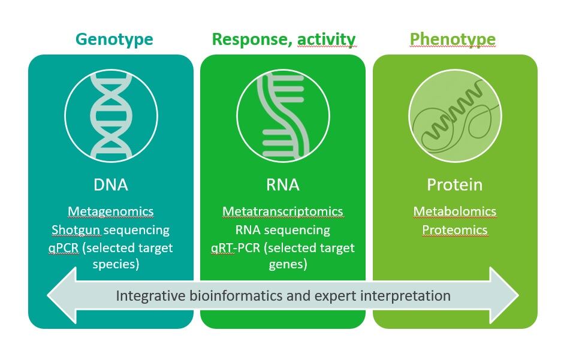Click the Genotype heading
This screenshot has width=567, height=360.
(x=114, y=40)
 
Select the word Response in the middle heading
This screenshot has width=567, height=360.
(x=240, y=40)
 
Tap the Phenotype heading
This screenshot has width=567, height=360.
(x=453, y=40)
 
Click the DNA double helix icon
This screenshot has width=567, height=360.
(x=111, y=115)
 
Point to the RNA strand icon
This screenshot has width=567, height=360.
(x=283, y=115)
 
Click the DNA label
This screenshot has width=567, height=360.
(x=111, y=184)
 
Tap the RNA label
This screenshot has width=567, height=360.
(x=283, y=184)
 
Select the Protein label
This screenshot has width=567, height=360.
(x=454, y=184)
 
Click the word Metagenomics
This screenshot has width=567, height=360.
(x=111, y=211)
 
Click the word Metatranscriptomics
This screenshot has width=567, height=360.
(x=283, y=211)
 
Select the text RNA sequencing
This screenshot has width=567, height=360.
(x=283, y=230)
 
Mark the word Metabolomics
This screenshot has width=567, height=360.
(x=454, y=211)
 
